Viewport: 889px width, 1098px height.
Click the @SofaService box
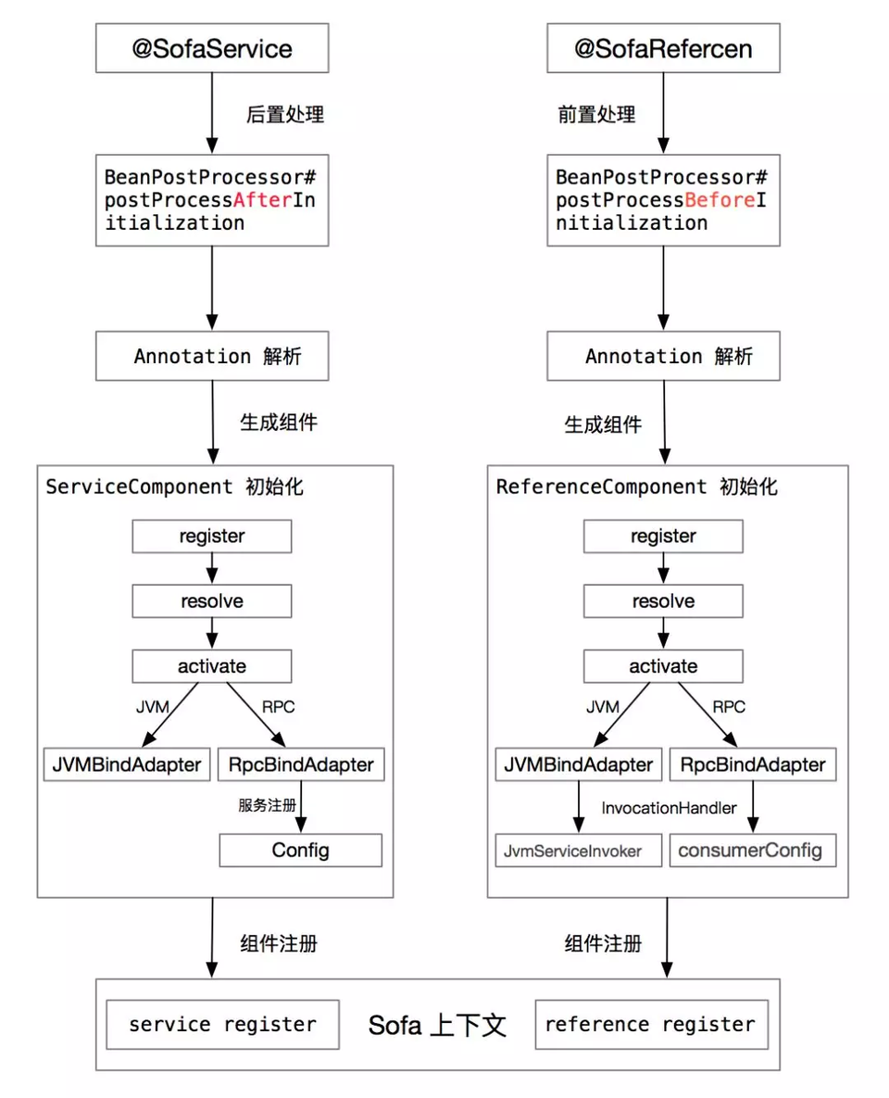pyautogui.click(x=212, y=49)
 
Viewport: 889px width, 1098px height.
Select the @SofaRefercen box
pyautogui.click(x=663, y=49)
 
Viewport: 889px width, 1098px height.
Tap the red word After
pyautogui.click(x=263, y=200)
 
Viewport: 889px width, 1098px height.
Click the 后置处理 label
pyautogui.click(x=284, y=115)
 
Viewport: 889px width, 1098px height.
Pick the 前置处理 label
pyautogui.click(x=596, y=115)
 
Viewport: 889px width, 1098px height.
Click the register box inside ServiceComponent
pyautogui.click(x=212, y=536)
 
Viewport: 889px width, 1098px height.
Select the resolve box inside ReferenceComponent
pyautogui.click(x=663, y=601)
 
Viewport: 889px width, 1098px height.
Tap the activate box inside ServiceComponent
pyautogui.click(x=212, y=666)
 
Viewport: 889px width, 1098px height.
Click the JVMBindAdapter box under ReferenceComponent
pyautogui.click(x=578, y=765)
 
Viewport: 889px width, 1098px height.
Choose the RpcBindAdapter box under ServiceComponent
pyautogui.click(x=300, y=765)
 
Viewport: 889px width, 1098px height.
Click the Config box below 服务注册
pyautogui.click(x=300, y=850)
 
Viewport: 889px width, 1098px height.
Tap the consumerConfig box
pyautogui.click(x=751, y=851)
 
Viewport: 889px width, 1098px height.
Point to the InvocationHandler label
pyautogui.click(x=669, y=808)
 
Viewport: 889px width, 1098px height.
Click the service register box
pyautogui.click(x=222, y=1024)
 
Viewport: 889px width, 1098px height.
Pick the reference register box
pyautogui.click(x=651, y=1024)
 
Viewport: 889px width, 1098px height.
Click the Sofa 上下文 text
pyautogui.click(x=437, y=1025)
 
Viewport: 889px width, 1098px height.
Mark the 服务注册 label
pyautogui.click(x=267, y=805)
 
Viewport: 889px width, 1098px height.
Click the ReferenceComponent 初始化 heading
pyautogui.click(x=637, y=487)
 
